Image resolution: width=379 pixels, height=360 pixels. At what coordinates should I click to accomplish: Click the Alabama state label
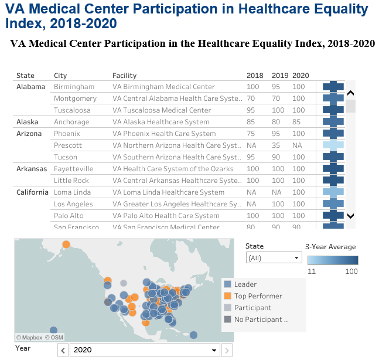click(x=30, y=87)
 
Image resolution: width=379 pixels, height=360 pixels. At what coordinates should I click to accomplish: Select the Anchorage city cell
click(x=71, y=122)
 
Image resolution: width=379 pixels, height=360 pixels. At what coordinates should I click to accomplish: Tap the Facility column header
click(x=124, y=76)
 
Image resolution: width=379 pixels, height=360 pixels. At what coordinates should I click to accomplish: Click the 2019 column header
click(x=280, y=76)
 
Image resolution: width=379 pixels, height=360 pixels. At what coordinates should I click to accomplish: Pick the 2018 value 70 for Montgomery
click(x=251, y=99)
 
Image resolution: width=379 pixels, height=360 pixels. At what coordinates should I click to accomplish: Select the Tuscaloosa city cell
click(x=72, y=110)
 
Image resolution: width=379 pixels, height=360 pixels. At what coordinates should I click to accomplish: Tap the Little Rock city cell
click(x=71, y=181)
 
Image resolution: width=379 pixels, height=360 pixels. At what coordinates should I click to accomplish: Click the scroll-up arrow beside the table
click(x=350, y=93)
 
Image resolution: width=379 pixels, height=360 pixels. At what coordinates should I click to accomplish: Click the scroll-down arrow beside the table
click(x=350, y=216)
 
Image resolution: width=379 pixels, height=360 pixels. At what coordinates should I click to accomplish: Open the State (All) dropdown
click(x=273, y=258)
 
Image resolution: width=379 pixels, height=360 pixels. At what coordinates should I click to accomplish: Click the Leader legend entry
click(x=245, y=284)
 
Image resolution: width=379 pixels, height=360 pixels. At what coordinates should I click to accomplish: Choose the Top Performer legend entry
click(x=258, y=296)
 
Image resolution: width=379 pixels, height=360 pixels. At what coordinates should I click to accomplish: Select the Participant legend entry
click(x=252, y=308)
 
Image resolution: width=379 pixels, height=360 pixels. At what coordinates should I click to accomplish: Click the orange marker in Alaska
click(x=67, y=244)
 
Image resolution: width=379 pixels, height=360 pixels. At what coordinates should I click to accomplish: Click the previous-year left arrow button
click(x=63, y=350)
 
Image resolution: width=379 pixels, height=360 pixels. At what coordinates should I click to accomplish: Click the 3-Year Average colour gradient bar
click(x=333, y=260)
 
